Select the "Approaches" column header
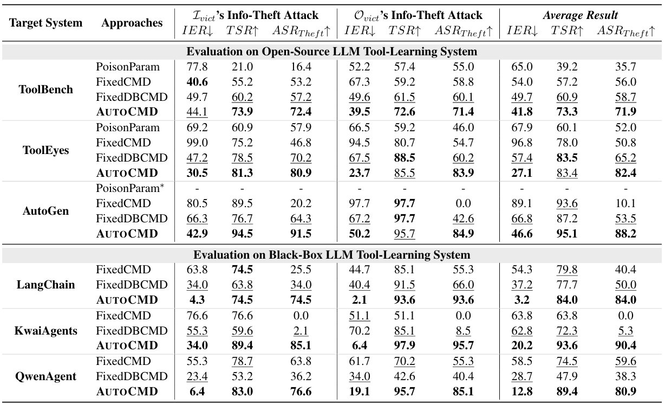click(x=132, y=23)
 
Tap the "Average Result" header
click(x=581, y=16)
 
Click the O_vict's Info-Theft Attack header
click(x=416, y=16)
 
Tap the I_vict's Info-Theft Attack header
click(x=254, y=16)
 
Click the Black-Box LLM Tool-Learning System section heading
click(x=332, y=254)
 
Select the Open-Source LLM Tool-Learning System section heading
click(x=332, y=52)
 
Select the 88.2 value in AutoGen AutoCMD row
click(x=626, y=234)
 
